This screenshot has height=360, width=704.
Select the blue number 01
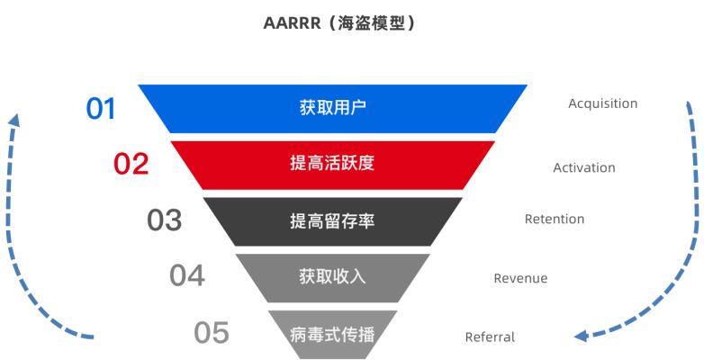click(x=101, y=109)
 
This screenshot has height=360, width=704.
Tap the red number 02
click(x=131, y=165)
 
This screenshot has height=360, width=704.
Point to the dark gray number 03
click(x=164, y=220)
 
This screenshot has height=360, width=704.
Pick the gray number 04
click(x=187, y=274)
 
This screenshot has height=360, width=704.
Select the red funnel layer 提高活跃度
click(x=432, y=165)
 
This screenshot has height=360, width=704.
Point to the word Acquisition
click(x=602, y=103)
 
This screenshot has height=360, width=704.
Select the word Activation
click(x=583, y=167)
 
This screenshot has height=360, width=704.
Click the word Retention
click(x=554, y=219)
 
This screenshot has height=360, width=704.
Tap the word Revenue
click(x=519, y=278)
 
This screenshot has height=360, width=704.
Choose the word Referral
click(x=490, y=337)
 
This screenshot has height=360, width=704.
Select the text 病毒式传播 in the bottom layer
click(x=332, y=335)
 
